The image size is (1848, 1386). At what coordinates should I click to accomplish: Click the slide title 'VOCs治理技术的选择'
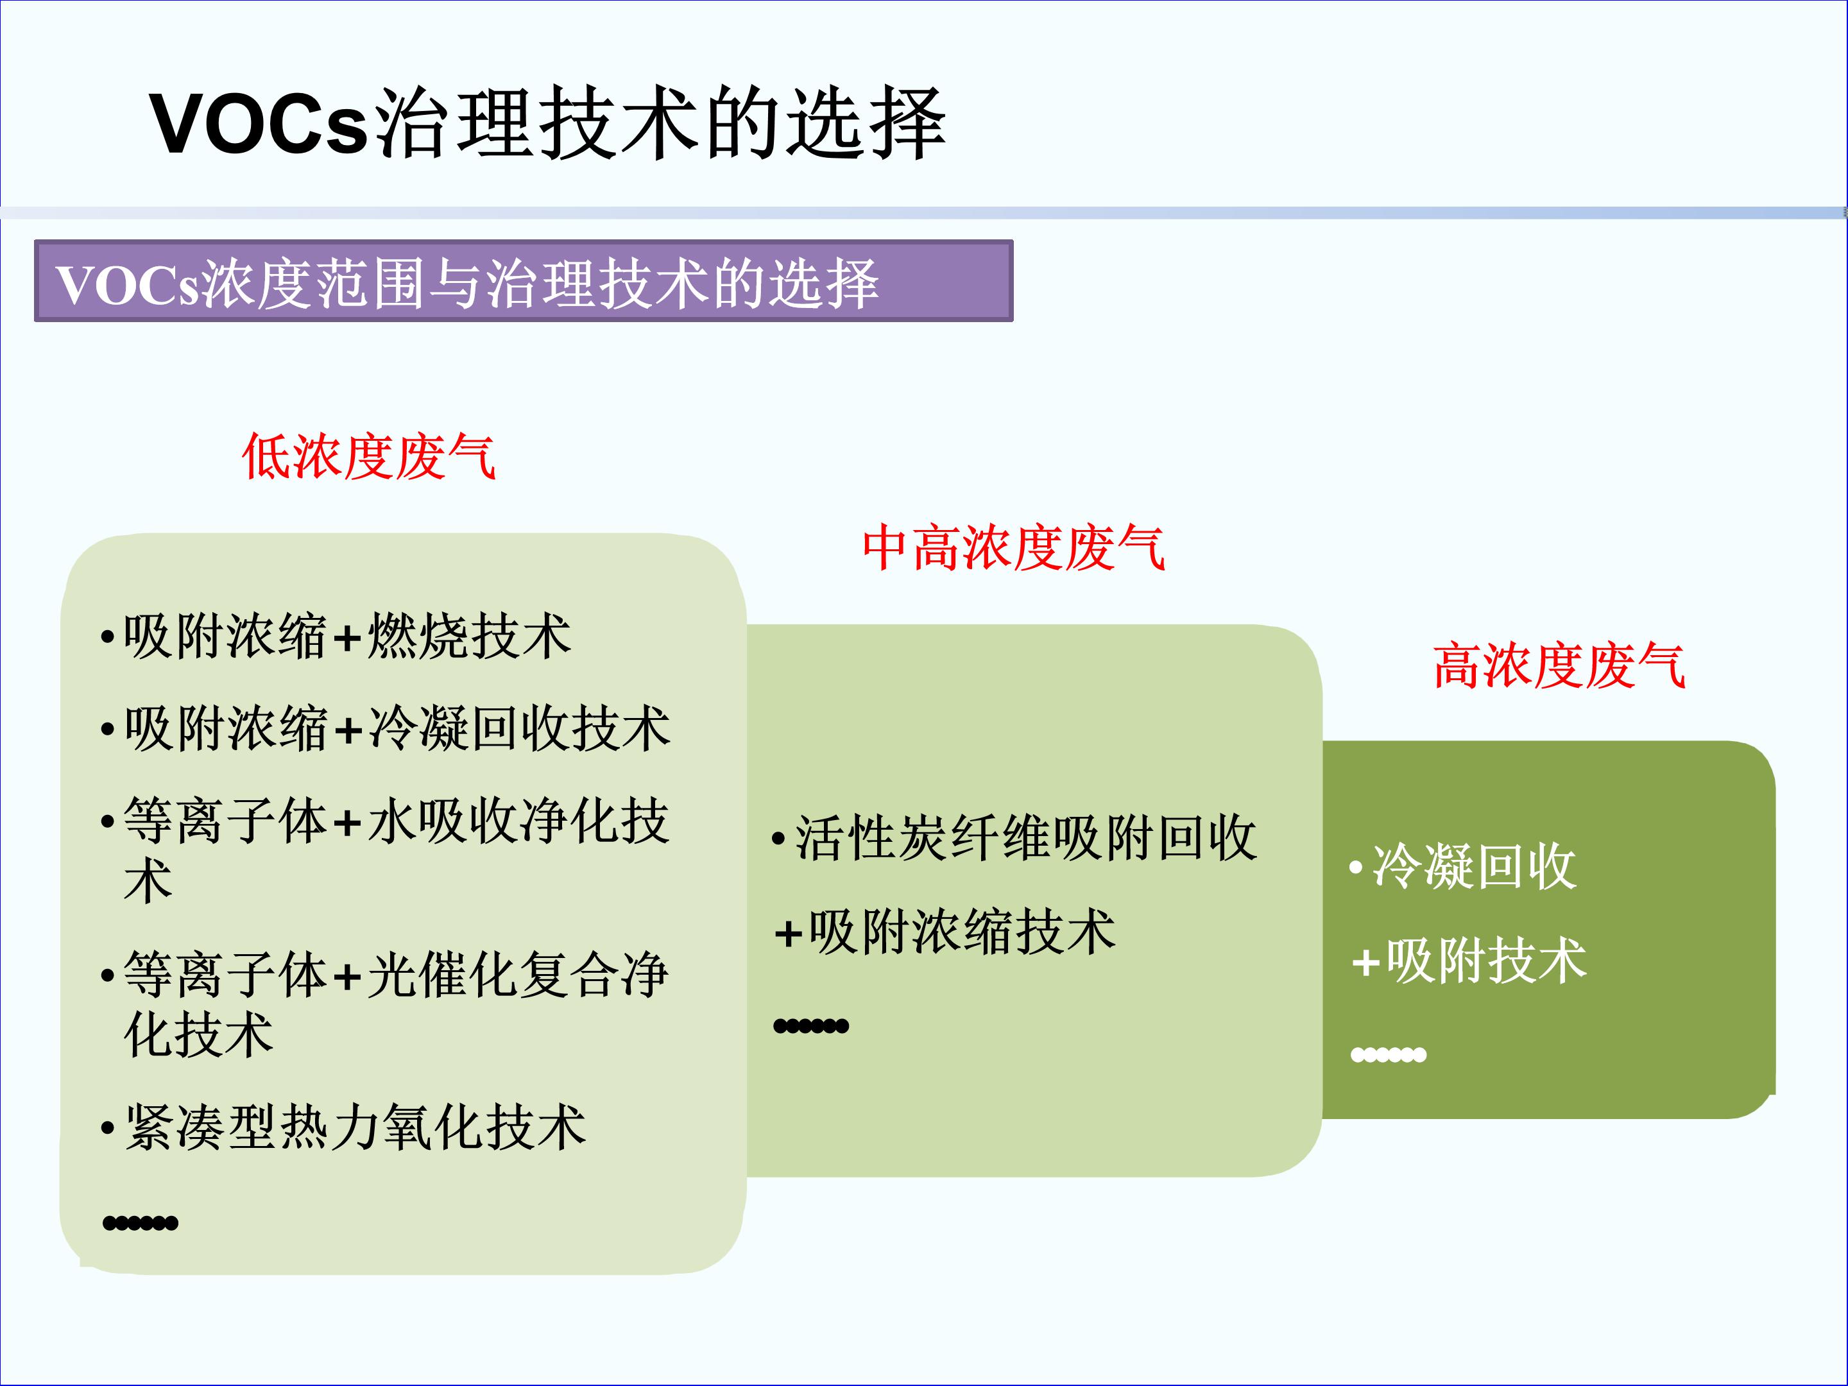click(x=547, y=124)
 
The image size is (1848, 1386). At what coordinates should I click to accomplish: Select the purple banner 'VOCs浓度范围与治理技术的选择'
click(x=523, y=280)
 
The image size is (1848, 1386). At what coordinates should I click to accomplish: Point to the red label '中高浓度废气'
click(x=1013, y=548)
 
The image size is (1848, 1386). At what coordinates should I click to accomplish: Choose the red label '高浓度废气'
click(x=1559, y=666)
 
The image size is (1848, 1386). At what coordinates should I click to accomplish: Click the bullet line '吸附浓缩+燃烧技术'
click(x=346, y=637)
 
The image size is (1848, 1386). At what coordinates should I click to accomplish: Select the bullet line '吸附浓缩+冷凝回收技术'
click(x=397, y=728)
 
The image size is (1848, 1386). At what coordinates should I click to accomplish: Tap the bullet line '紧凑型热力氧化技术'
click(x=355, y=1128)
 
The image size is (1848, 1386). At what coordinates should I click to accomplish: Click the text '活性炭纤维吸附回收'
click(x=1026, y=838)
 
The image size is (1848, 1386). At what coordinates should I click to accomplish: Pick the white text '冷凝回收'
click(x=1475, y=866)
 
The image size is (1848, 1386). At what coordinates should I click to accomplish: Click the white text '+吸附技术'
click(x=1469, y=961)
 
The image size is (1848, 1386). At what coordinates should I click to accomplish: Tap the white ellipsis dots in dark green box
click(x=1389, y=1055)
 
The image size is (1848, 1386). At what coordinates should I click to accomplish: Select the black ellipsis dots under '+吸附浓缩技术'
click(x=811, y=1026)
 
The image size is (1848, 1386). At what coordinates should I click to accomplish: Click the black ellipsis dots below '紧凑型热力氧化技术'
click(x=141, y=1223)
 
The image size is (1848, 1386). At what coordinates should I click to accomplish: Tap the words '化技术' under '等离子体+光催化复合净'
click(x=199, y=1034)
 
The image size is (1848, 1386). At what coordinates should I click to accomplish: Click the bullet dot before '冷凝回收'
click(x=1356, y=866)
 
